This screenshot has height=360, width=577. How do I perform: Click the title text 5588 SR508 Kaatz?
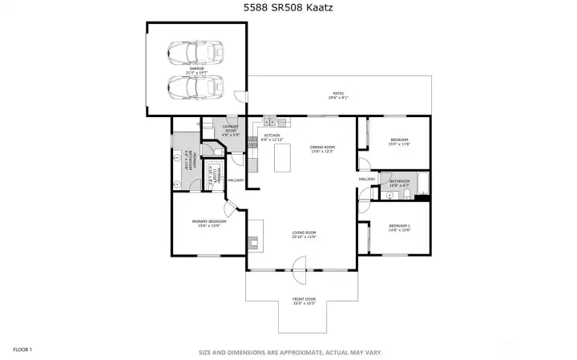[x=288, y=8]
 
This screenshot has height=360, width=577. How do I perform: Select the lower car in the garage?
[x=196, y=85]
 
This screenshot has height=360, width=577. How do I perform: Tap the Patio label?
[x=338, y=95]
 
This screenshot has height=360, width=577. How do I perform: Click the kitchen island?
[x=283, y=157]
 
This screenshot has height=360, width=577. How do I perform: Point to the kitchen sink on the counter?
[x=270, y=122]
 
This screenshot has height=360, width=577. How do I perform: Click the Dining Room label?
[x=322, y=149]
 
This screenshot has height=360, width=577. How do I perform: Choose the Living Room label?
[x=305, y=234]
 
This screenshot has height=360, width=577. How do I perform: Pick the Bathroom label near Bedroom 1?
[x=399, y=183]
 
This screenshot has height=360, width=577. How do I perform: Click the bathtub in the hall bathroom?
[x=423, y=185]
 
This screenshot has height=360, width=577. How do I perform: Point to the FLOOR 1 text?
[x=22, y=350]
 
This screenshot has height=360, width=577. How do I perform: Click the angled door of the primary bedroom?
[x=229, y=210]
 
